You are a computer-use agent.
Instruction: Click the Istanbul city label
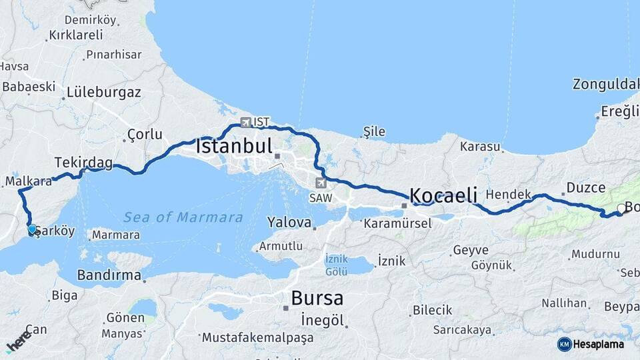[x=234, y=146]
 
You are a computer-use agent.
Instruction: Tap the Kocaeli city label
[x=443, y=195]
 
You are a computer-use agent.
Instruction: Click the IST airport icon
[x=246, y=123]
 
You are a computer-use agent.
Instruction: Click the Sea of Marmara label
[x=183, y=217]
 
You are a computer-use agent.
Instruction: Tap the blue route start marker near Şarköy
[x=32, y=229]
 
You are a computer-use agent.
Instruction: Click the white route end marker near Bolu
[x=621, y=209]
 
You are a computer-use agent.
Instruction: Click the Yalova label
[x=289, y=222]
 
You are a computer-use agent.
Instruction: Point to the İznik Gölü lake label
[x=337, y=265]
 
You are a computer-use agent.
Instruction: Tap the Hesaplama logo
[x=591, y=344]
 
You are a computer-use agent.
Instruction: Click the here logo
[x=18, y=341]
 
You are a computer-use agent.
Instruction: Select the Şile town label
[x=374, y=131]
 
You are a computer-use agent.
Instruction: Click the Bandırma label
[x=109, y=275]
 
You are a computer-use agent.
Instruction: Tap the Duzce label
[x=585, y=188]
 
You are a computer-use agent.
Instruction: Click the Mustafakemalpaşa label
[x=257, y=338]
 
